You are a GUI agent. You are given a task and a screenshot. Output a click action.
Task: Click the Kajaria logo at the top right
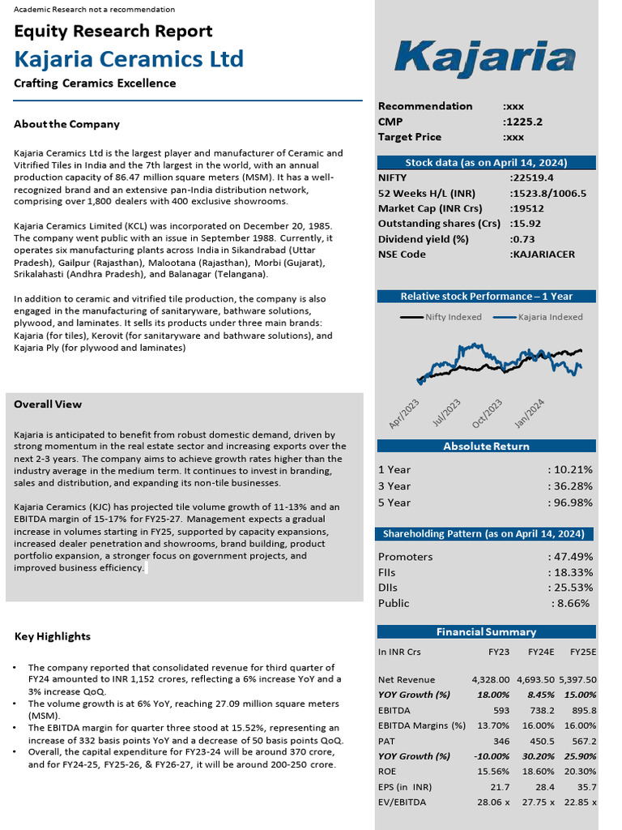click(485, 59)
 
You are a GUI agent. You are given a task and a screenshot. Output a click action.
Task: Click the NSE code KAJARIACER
click(543, 255)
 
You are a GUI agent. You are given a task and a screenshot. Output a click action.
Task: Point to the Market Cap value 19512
click(528, 208)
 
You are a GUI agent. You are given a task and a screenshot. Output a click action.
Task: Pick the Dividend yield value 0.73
click(523, 239)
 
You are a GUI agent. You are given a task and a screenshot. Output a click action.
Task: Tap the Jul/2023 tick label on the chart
click(447, 413)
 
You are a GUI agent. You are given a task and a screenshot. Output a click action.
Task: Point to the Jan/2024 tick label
click(530, 413)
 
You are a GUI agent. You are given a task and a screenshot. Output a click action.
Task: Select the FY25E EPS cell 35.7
click(586, 787)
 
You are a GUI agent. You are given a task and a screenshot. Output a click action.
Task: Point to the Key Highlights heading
click(53, 637)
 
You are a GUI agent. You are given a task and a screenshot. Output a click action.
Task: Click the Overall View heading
click(48, 404)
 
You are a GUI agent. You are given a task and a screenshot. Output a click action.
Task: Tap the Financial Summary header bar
click(486, 632)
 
